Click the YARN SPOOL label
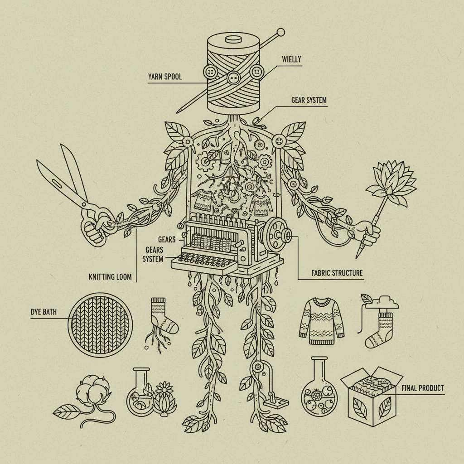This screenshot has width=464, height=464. [165, 77]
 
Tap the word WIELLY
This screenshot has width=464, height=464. [291, 59]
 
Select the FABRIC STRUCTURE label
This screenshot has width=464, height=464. [337, 273]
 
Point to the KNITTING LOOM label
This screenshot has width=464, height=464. [110, 277]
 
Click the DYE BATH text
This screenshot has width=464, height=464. [43, 312]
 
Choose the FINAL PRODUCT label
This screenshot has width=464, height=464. [423, 388]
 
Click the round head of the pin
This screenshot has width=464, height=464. [280, 32]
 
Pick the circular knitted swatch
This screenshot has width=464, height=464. [100, 324]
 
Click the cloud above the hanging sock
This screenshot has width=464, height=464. [382, 302]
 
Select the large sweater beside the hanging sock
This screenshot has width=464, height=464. [322, 321]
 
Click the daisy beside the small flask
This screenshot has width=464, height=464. [164, 389]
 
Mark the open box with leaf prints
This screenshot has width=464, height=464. [372, 396]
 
